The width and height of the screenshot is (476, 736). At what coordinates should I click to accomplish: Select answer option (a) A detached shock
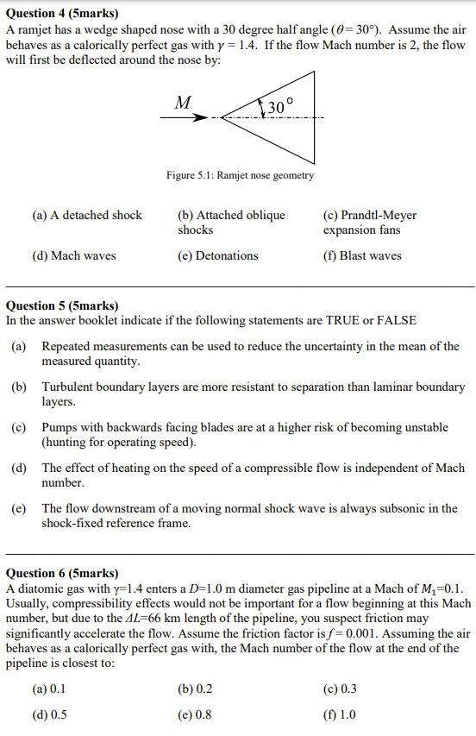pyautogui.click(x=86, y=215)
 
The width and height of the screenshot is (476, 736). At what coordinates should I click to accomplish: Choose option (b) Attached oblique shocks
pyautogui.click(x=230, y=222)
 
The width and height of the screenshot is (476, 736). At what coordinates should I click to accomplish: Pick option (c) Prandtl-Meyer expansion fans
pyautogui.click(x=369, y=222)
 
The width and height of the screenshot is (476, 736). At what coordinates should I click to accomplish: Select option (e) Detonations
pyautogui.click(x=217, y=255)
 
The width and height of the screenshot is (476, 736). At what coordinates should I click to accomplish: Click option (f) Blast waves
pyautogui.click(x=362, y=255)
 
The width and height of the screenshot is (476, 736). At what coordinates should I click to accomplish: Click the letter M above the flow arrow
pyautogui.click(x=183, y=103)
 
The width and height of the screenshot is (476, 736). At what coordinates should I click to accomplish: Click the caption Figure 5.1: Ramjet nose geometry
pyautogui.click(x=240, y=175)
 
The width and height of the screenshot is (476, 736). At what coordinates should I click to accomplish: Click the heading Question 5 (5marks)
pyautogui.click(x=62, y=305)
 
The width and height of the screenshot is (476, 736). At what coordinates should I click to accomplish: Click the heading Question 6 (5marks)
pyautogui.click(x=62, y=573)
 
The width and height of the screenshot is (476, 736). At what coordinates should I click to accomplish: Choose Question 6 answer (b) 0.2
pyautogui.click(x=195, y=689)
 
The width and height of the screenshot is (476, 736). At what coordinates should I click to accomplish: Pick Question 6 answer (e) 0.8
pyautogui.click(x=195, y=714)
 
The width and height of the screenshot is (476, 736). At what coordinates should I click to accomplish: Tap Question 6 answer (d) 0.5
pyautogui.click(x=50, y=714)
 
